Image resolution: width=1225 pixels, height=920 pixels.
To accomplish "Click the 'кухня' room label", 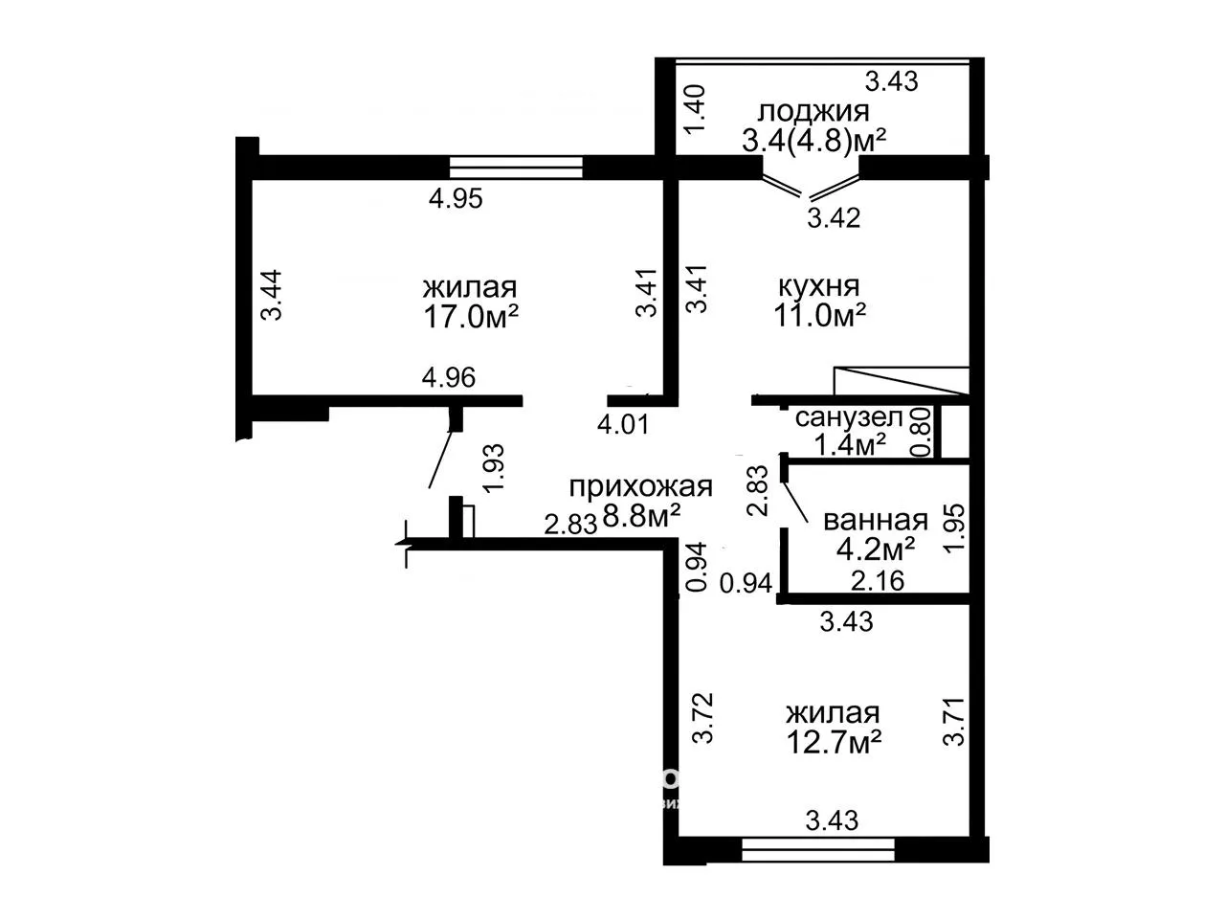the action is coord(818,287).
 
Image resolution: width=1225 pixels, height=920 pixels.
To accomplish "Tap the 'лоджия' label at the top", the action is coord(813,113).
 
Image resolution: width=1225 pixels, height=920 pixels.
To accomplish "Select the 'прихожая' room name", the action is coord(640,486).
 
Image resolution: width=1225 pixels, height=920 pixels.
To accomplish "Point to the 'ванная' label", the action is coord(876,520).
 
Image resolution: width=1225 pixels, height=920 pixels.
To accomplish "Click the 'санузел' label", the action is coord(848,417).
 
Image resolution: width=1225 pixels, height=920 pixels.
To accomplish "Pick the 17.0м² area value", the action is coord(471,317).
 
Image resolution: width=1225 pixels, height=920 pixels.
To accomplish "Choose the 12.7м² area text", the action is coord(834,743).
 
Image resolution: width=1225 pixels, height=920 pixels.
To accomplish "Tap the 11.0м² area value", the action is coord(819,315).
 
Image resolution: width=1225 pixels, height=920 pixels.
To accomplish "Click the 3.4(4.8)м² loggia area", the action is coord(813,141).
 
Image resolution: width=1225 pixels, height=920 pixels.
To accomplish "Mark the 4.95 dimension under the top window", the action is coord(456,199).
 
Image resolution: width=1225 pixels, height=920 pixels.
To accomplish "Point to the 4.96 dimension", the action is coord(449,378).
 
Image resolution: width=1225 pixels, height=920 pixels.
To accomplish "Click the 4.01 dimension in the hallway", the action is coord(623,425).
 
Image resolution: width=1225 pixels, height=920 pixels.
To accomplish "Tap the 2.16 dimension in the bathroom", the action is coord(878,581).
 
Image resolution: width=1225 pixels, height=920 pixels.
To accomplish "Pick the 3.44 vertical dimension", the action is coord(273,295).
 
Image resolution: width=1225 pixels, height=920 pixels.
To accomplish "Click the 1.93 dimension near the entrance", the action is coord(494,468).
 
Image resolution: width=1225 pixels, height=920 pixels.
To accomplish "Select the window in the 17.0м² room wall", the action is coord(516,168).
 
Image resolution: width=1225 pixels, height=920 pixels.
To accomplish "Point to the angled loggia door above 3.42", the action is coord(811,187).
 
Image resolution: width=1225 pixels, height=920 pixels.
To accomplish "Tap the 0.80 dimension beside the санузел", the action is coord(921,433).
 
